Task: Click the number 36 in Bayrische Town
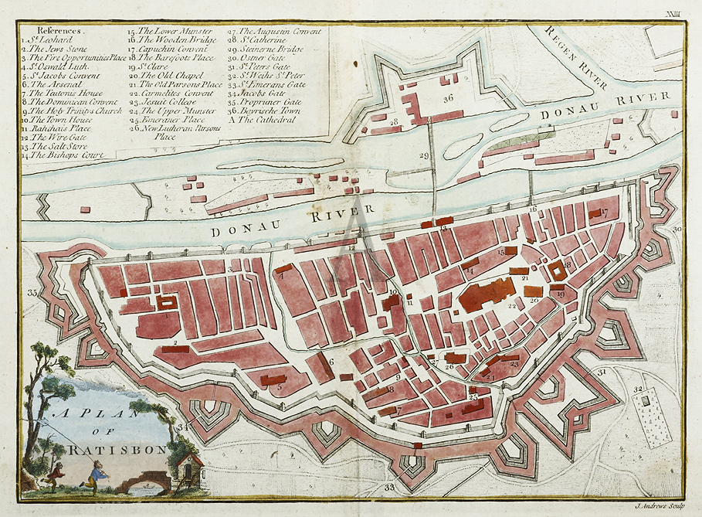[448, 98]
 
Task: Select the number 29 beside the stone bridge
[423, 156]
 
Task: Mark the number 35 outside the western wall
[32, 293]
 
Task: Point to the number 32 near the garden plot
[638, 389]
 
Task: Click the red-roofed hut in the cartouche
[189, 469]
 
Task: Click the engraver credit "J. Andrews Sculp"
[659, 507]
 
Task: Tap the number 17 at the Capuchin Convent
[604, 211]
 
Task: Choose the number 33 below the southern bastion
[389, 488]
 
